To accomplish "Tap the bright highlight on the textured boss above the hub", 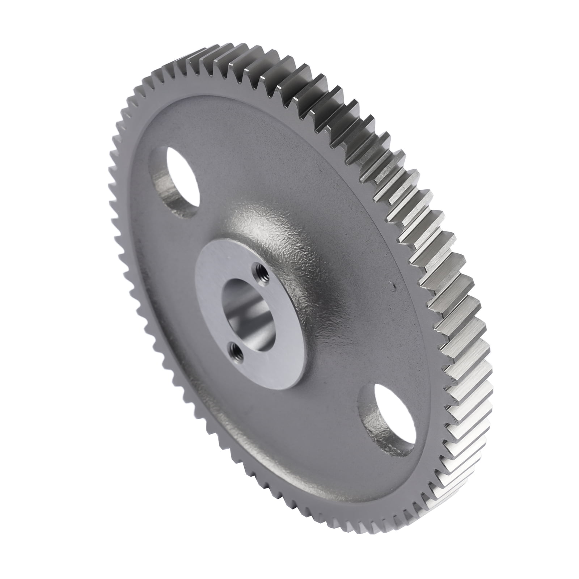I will click(x=268, y=224).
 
